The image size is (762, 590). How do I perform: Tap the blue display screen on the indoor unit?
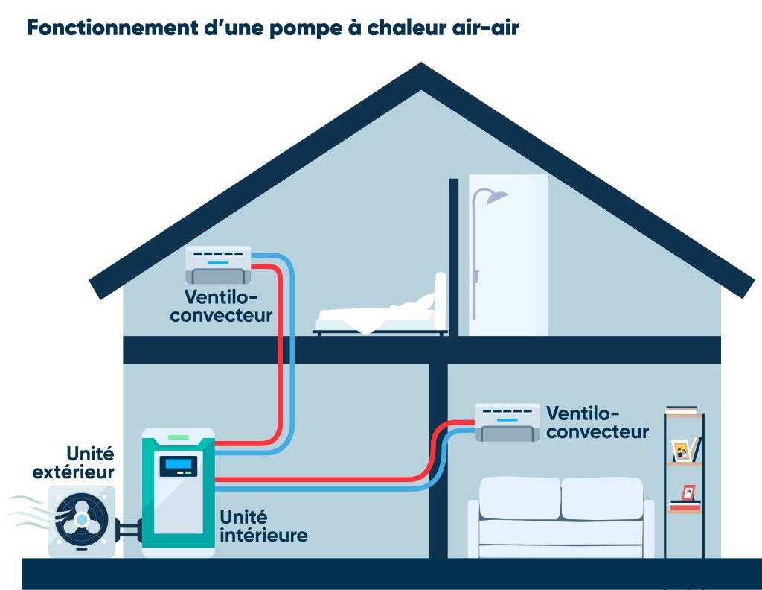pyautogui.click(x=179, y=466)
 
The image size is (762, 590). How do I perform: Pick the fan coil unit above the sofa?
pyautogui.click(x=508, y=422)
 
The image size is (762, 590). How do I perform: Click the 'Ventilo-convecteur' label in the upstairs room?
pyautogui.click(x=221, y=306)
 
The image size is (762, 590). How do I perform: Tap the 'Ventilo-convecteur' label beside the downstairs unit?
pyautogui.click(x=598, y=422)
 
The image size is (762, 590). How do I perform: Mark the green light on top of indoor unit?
pyautogui.click(x=179, y=436)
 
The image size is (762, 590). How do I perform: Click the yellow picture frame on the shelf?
pyautogui.click(x=681, y=450)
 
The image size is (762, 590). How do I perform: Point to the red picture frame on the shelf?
pyautogui.click(x=688, y=492)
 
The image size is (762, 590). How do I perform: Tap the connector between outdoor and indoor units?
pyautogui.click(x=128, y=530)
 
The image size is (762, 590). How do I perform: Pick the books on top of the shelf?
pyautogui.click(x=682, y=410)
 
